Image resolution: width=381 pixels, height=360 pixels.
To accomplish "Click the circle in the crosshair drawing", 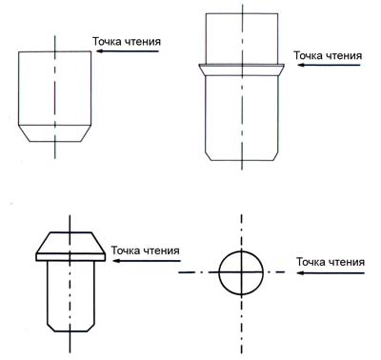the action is [219, 272].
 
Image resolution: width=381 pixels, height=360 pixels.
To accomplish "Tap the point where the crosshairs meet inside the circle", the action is [241, 272].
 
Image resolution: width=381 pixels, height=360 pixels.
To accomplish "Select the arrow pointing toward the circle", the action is [331, 272].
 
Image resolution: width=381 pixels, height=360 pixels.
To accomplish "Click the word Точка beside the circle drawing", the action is [311, 262].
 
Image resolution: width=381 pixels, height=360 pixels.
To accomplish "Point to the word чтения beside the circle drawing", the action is [347, 262].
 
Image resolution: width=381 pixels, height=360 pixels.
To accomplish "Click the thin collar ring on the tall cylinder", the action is [242, 66].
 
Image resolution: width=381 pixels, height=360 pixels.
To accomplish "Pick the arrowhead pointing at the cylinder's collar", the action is [302, 65].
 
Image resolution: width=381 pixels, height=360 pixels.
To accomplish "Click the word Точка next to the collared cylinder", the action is [308, 55].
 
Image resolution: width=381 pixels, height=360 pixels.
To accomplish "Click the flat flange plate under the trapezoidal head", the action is [70, 257].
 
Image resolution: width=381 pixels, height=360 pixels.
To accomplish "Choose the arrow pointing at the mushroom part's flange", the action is [147, 261].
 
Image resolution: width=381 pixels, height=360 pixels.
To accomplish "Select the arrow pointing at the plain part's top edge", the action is [128, 51].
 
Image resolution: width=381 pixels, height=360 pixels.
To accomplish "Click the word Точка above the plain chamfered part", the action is [107, 42].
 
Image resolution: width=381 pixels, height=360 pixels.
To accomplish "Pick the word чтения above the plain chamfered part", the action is [143, 42].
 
